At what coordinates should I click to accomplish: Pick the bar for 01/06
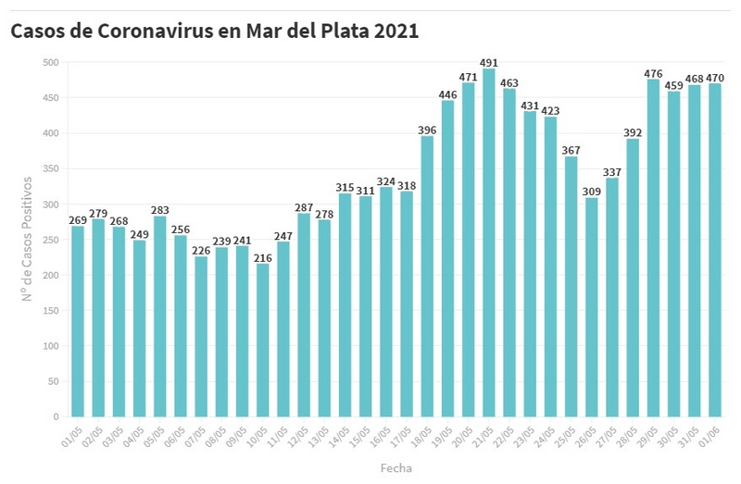coord(714,250)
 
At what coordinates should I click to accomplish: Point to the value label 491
coord(488,63)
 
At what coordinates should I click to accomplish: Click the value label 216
coord(262,258)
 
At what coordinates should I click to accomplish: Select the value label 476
coord(653,74)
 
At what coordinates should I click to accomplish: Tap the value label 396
coord(427,130)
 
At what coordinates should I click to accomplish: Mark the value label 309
coord(591,192)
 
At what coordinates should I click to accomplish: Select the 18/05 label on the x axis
coord(421,437)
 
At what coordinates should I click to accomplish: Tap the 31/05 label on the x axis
coord(688,437)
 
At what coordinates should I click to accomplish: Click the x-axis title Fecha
coord(396,468)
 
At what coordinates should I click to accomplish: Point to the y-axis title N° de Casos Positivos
coord(29,240)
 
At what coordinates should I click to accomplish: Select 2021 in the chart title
coord(396,31)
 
